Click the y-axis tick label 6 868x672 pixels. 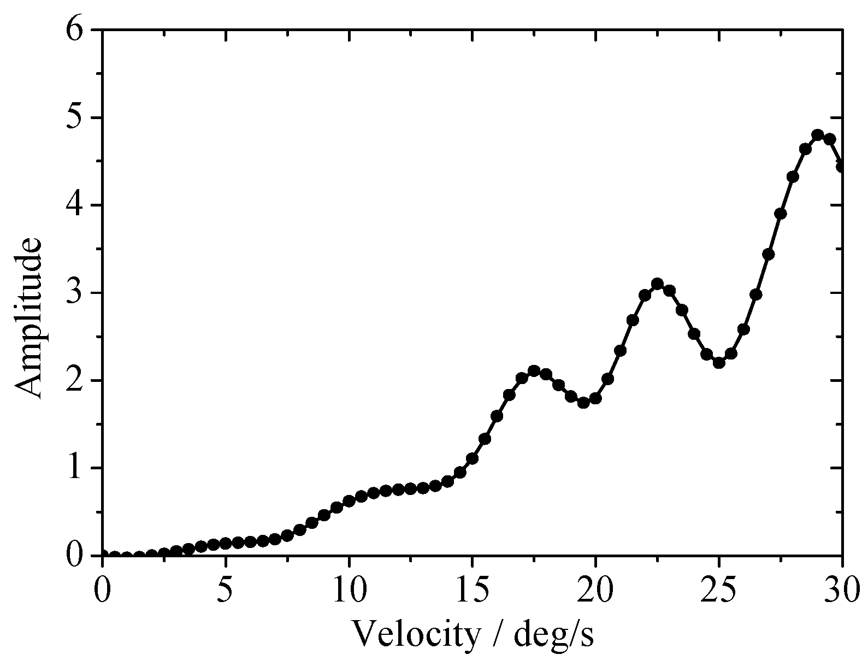click(x=74, y=31)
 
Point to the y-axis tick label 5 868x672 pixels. click(x=74, y=118)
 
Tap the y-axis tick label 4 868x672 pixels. click(x=74, y=205)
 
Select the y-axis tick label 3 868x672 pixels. click(x=74, y=293)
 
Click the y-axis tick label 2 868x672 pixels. click(x=74, y=381)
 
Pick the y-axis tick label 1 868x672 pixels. click(x=74, y=468)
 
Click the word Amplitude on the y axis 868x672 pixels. click(x=28, y=317)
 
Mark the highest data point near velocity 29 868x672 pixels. click(x=818, y=135)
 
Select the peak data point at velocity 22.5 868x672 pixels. click(x=657, y=284)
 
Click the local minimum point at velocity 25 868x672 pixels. click(x=719, y=362)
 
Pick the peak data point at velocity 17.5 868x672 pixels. click(x=534, y=371)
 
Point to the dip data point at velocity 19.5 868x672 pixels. click(x=583, y=403)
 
